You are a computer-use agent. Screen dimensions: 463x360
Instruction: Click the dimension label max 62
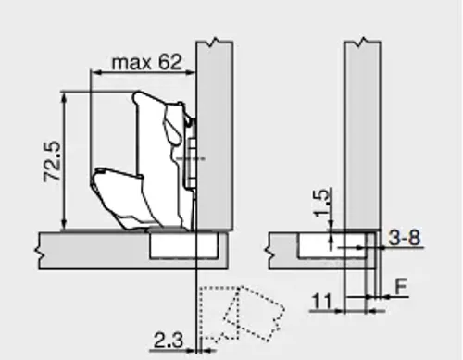coord(146,63)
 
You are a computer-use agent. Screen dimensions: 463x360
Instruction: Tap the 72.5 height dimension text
coord(52,161)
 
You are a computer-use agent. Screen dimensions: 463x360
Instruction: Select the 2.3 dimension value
coord(169,341)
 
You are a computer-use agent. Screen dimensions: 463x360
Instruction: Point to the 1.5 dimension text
coord(321,203)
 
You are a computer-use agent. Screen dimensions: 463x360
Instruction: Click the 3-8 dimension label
coord(405,238)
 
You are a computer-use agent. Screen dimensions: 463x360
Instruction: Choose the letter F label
coord(401,287)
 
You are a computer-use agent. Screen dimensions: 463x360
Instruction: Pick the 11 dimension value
coord(322,302)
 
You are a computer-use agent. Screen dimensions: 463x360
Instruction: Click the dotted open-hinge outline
coord(241,314)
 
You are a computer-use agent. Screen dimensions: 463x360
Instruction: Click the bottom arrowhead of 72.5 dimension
coord(64,224)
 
